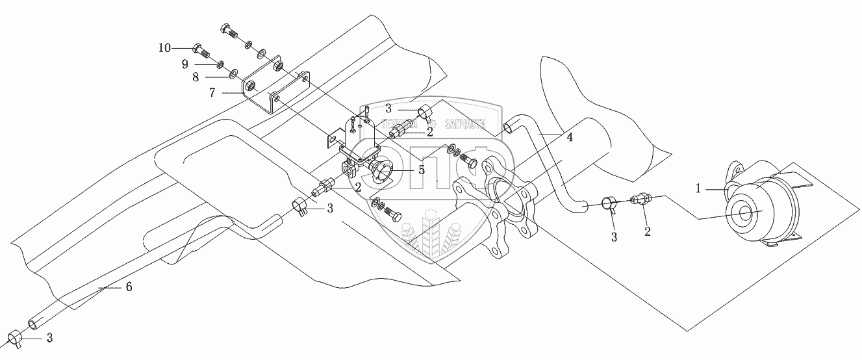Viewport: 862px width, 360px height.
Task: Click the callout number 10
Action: pyautogui.click(x=164, y=48)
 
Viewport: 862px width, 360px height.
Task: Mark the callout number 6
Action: pyautogui.click(x=129, y=287)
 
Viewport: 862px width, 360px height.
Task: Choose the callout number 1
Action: pyautogui.click(x=699, y=188)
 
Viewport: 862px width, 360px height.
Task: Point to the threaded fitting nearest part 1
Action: pyautogui.click(x=641, y=198)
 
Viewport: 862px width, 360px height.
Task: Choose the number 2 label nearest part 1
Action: pyautogui.click(x=648, y=230)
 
